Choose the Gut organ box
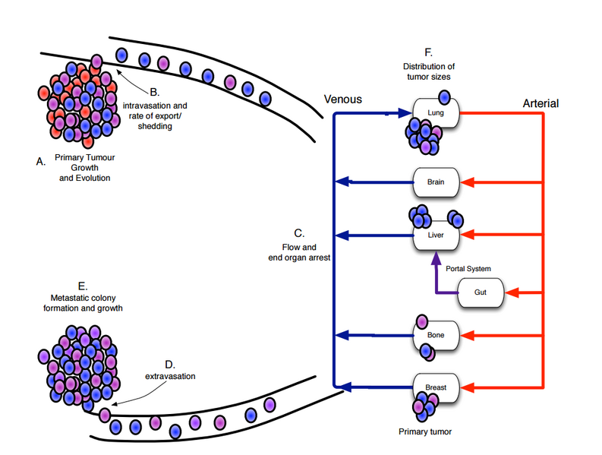tap(481, 292)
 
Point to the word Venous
tap(343, 100)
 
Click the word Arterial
tap(541, 103)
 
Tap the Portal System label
tap(468, 269)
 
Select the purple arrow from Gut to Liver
tap(436, 281)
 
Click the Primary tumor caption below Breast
tap(424, 431)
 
